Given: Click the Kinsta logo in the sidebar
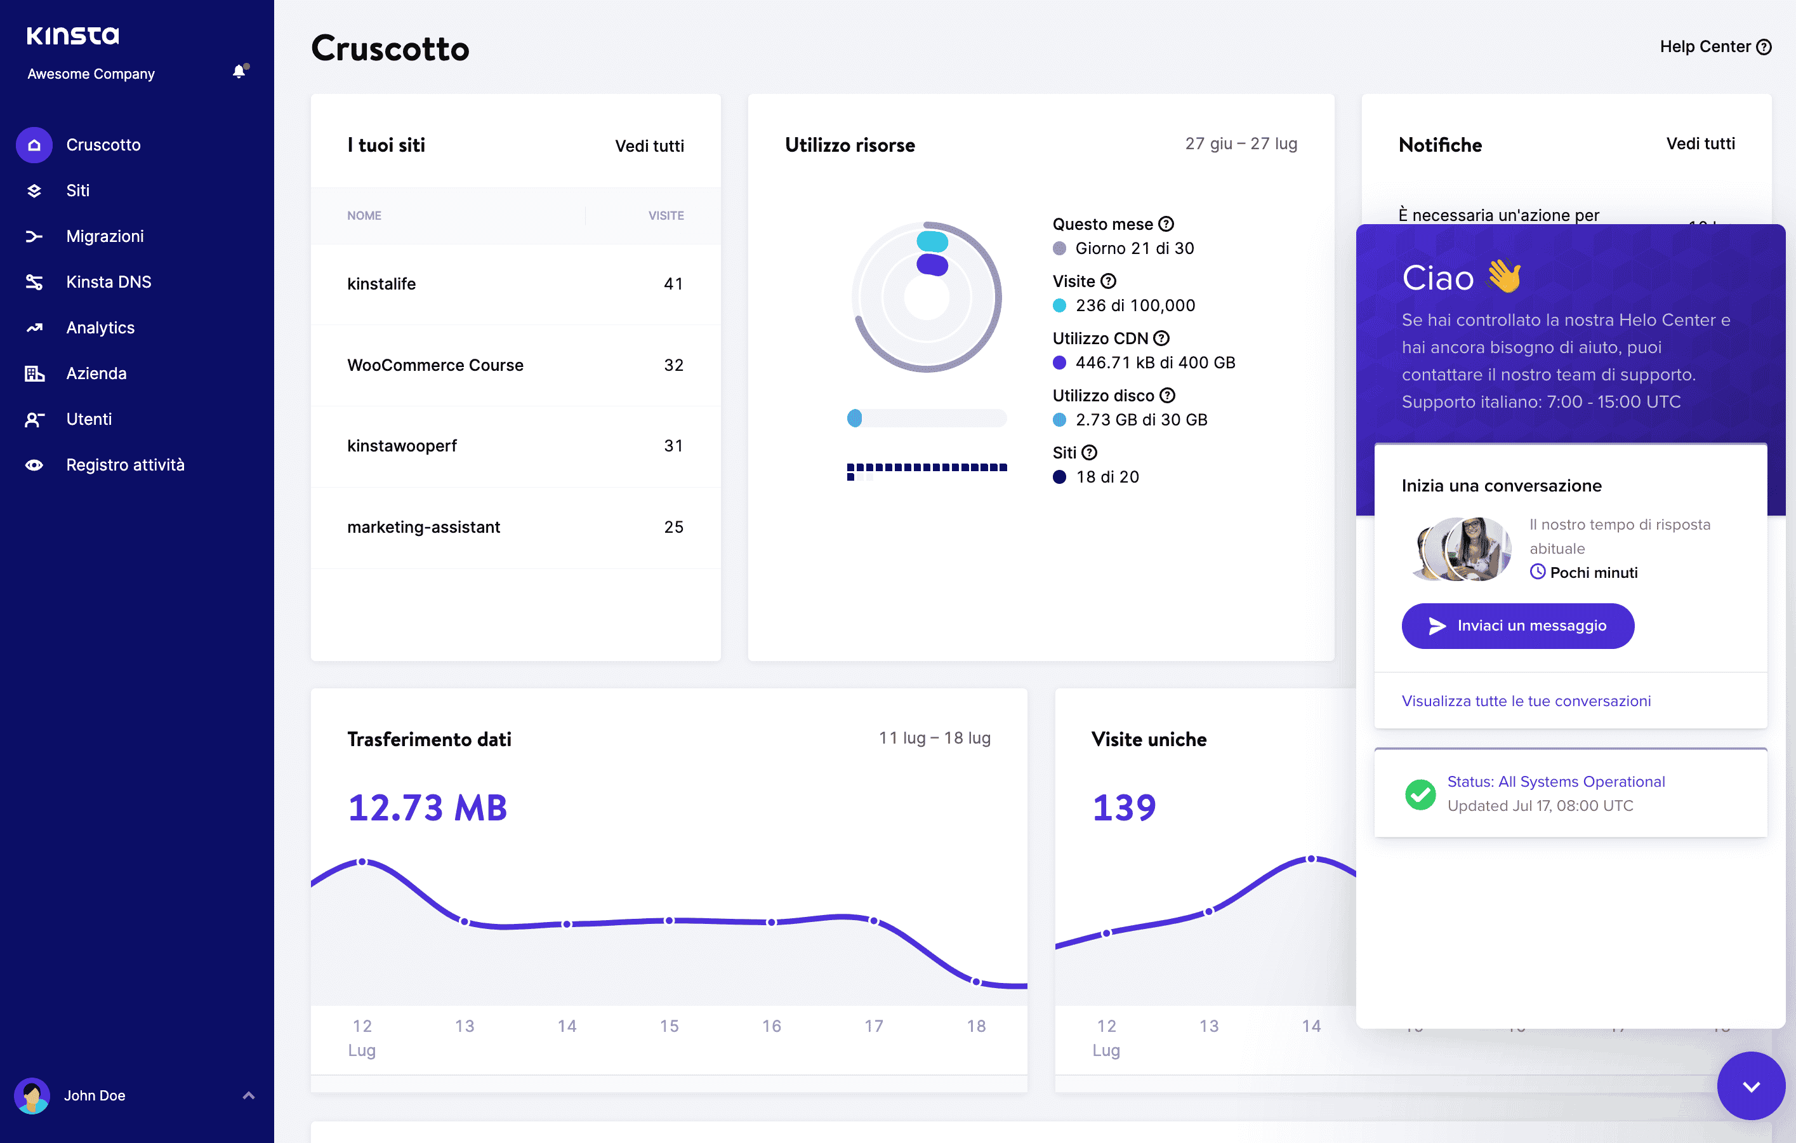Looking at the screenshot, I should (72, 35).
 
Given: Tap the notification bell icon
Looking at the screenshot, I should (239, 72).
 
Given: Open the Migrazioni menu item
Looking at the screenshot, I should (105, 236).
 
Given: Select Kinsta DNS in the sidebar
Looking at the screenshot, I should (108, 282).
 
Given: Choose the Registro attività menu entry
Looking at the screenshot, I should (124, 465).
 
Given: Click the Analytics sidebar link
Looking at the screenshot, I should (100, 328).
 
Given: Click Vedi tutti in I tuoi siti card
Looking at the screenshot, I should (649, 145).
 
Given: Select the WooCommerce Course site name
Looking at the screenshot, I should (435, 365).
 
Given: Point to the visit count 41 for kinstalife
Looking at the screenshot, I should (673, 283).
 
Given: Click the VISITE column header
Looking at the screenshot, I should (665, 216).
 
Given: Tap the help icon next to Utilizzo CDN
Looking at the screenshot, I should (1161, 338).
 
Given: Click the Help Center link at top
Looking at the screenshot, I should (1715, 46).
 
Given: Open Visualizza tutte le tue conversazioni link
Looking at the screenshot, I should (1526, 700).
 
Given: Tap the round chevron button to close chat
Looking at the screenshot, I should (1750, 1086).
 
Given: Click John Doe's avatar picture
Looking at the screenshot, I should (31, 1095).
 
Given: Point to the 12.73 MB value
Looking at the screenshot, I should (427, 808).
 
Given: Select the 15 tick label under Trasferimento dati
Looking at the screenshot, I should (669, 1026).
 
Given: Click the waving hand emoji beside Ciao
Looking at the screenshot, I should (1504, 277).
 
